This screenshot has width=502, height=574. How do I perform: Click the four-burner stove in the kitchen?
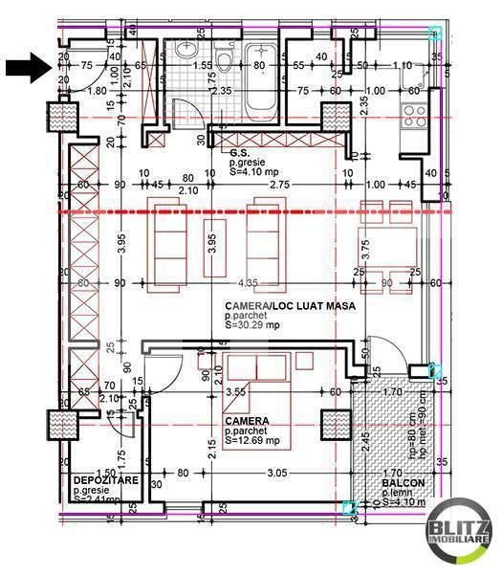413,115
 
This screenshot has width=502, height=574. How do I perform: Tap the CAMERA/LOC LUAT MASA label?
284,306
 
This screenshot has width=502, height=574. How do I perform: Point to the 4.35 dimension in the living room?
248,282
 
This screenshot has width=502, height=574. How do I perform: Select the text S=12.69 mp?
252,441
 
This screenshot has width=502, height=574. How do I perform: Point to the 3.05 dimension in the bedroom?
277,472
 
